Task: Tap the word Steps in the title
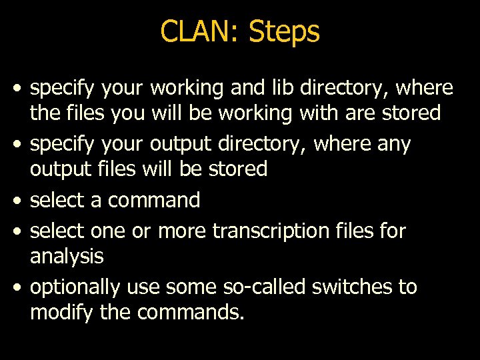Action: (x=284, y=31)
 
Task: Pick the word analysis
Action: (x=67, y=255)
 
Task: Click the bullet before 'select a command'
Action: (x=19, y=201)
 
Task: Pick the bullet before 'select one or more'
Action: (x=19, y=231)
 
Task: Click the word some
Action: (x=186, y=287)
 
